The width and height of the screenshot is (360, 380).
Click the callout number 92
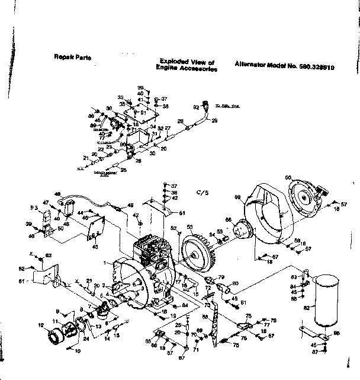[196, 107]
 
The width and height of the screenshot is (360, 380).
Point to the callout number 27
[168, 128]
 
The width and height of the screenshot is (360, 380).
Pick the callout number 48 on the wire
[57, 194]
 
